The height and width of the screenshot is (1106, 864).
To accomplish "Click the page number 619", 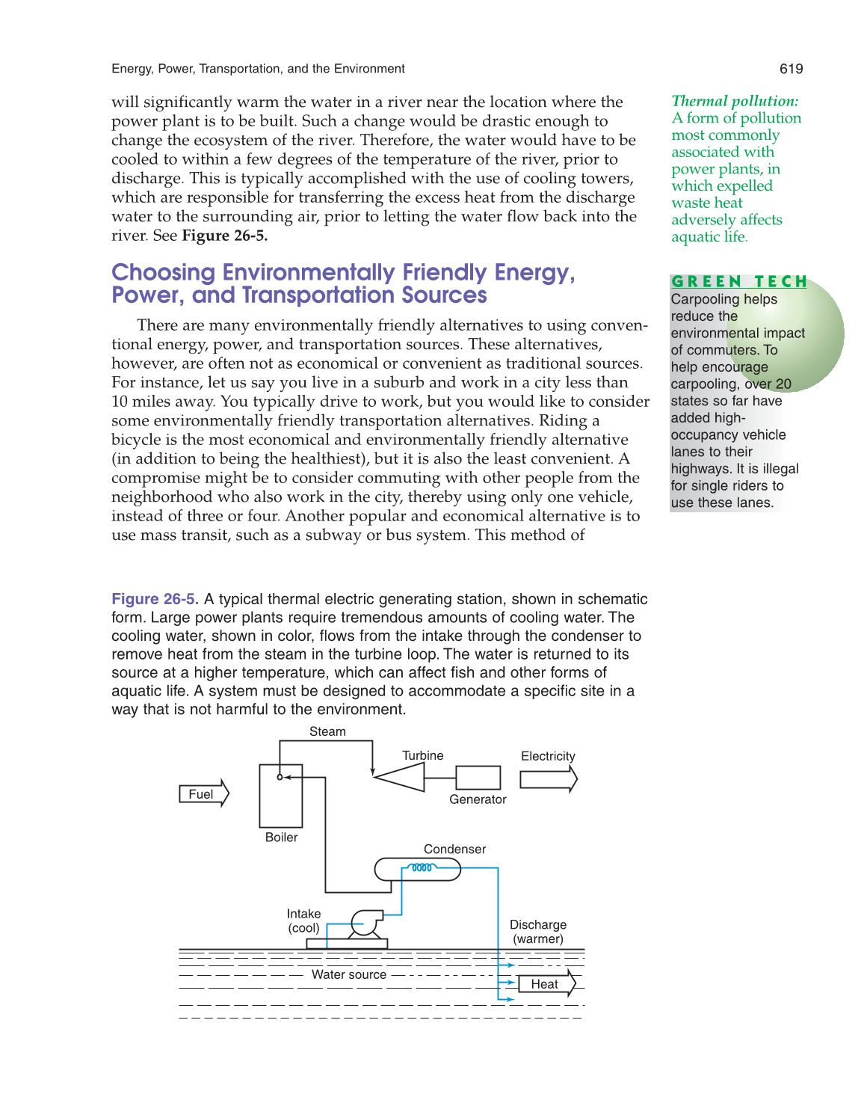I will coord(791,69).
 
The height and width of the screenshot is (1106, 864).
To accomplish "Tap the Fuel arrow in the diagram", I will coord(203,794).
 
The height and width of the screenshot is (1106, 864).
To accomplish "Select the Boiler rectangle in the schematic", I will coord(281,796).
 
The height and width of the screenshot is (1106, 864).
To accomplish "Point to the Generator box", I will coord(478,778).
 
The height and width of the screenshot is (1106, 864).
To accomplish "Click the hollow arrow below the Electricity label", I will coord(548,779).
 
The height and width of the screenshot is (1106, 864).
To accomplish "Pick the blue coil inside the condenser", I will coord(422,868).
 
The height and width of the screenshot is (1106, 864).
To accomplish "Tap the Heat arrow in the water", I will coord(546,984).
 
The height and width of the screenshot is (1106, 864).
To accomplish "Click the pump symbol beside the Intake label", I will coord(365,924).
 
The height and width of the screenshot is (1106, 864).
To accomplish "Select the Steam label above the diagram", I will coord(327,731).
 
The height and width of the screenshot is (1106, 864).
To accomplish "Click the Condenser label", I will coord(454,850).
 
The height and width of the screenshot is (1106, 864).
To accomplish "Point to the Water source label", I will coord(349,974).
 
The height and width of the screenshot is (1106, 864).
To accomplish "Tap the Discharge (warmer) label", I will coord(538,932).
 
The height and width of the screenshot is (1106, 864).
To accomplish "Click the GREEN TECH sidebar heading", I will coord(739,282).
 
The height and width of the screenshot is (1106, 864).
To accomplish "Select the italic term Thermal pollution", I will coord(735,101).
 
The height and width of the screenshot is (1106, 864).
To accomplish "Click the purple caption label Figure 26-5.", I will coord(155,599).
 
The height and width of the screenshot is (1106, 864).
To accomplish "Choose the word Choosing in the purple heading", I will coord(163,272).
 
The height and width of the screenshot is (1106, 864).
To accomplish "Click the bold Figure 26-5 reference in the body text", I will coord(224,236).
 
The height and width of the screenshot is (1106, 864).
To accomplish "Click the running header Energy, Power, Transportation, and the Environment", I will coord(258,69).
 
